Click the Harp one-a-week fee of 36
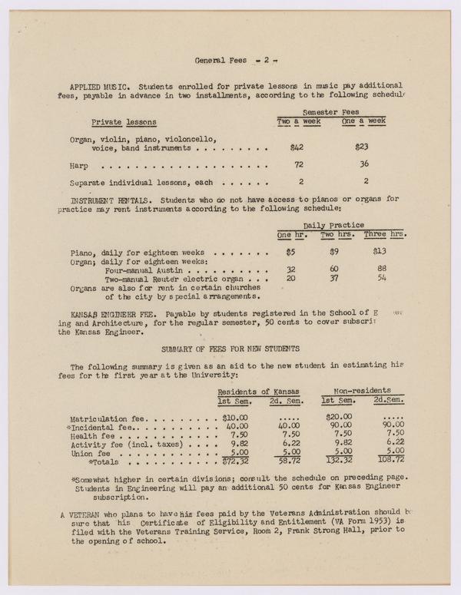coord(363,165)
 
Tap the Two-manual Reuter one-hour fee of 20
coord(291,278)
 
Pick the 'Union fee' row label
coord(89,454)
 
